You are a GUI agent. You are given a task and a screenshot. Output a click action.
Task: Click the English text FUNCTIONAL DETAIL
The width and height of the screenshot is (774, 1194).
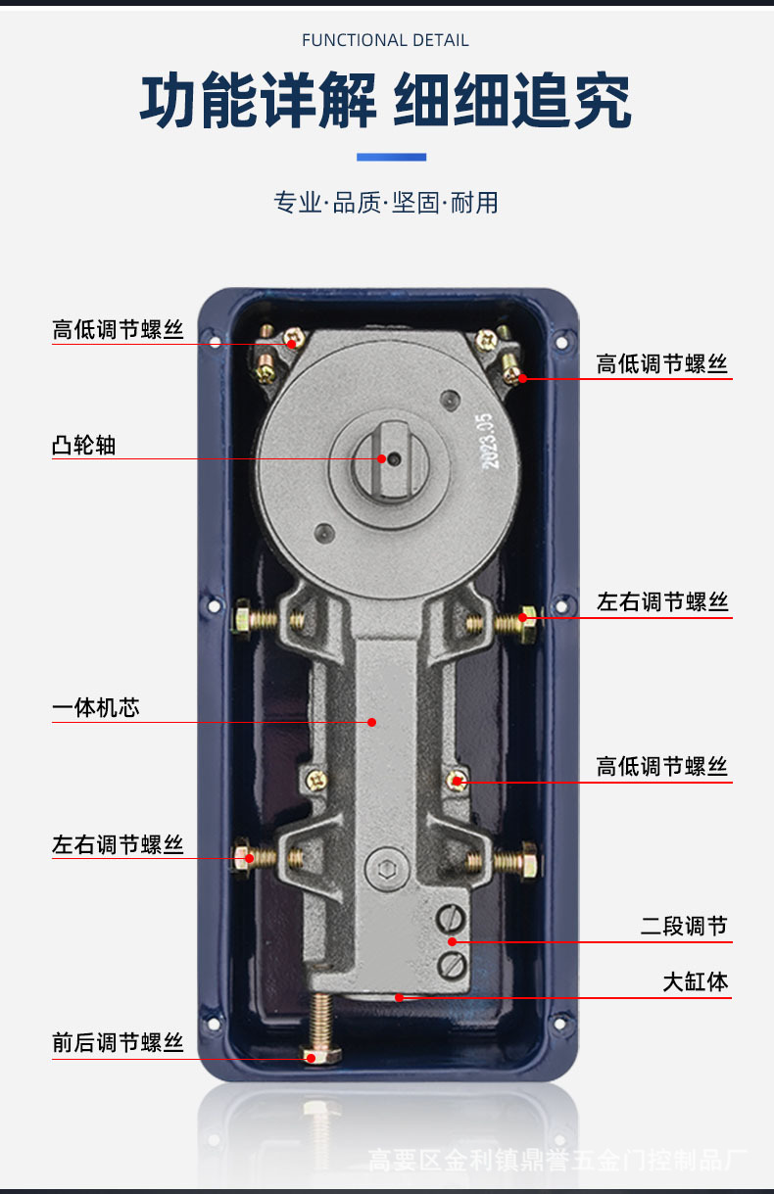(x=385, y=40)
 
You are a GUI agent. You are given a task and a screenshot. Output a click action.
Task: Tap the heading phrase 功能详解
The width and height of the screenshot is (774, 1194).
(x=259, y=101)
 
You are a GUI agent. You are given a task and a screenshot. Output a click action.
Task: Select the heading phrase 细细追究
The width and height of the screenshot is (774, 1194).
(x=512, y=101)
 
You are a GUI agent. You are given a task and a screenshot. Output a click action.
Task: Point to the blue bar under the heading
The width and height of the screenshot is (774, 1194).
(x=391, y=157)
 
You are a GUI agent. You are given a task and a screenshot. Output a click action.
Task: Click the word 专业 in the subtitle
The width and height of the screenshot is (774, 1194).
(x=297, y=203)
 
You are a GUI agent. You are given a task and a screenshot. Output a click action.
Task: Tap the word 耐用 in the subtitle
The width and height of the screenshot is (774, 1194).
(x=475, y=203)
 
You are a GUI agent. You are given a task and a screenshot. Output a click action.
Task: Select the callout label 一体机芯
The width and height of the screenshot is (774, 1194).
(x=95, y=707)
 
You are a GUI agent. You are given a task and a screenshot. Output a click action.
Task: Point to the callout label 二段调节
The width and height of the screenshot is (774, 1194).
(x=685, y=926)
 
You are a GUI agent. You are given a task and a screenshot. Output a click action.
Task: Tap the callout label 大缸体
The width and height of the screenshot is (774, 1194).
(x=696, y=981)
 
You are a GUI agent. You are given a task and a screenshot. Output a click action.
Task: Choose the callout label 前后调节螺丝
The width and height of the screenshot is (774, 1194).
(x=118, y=1042)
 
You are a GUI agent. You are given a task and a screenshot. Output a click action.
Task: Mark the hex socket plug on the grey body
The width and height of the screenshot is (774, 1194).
(x=383, y=867)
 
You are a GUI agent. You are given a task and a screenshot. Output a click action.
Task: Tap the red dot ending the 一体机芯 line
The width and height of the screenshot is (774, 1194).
(x=372, y=723)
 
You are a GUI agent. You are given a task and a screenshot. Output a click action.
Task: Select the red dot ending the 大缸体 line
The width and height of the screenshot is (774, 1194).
(x=399, y=998)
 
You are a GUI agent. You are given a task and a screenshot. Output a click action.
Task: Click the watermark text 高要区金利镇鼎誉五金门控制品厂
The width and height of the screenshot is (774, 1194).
(x=557, y=1162)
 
